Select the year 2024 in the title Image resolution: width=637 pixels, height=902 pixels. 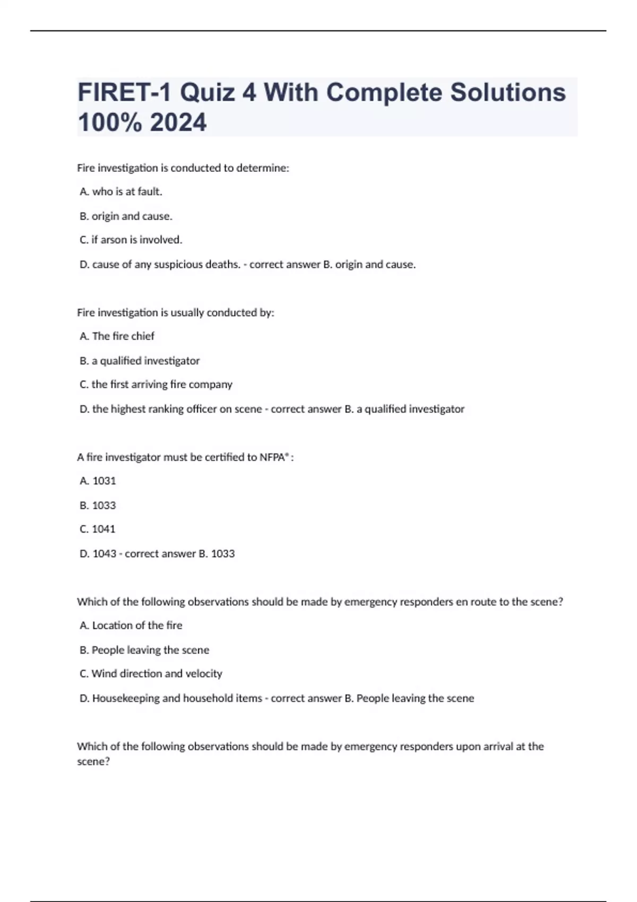pos(178,123)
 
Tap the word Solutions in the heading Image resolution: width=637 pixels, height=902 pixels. pos(508,93)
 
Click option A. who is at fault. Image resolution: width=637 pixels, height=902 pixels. pos(121,192)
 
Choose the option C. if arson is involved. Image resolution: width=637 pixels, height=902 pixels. pos(131,240)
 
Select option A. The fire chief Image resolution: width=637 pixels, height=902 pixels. pos(117,336)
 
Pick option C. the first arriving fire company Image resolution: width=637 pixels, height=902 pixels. pos(156,385)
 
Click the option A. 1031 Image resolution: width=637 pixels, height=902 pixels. pos(98,481)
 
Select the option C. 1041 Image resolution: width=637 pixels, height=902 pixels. pos(97,529)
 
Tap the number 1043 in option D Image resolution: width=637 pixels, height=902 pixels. pos(104,554)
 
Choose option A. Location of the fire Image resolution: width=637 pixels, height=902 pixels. pos(131,626)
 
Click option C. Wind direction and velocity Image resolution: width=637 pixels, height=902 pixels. pos(151,674)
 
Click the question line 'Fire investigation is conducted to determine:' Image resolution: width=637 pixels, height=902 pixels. pos(183,168)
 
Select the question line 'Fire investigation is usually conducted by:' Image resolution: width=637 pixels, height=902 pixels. pos(176,313)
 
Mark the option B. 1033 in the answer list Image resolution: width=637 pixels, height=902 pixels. pos(98,506)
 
